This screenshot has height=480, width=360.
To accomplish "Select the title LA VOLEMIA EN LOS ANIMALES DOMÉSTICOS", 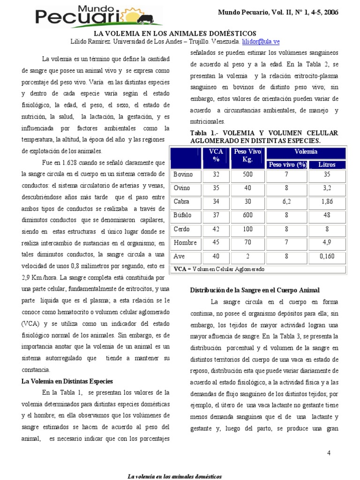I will [x=175, y=34].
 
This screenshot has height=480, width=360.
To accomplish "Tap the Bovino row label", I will [x=183, y=174].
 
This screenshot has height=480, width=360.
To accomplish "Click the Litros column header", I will [x=327, y=165].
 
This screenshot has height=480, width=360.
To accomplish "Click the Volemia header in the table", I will [x=306, y=152].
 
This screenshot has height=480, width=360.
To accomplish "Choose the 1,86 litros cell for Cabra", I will [x=327, y=202].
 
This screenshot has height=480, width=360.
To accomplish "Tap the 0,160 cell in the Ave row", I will [x=327, y=257].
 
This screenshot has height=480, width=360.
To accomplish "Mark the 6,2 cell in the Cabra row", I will [x=287, y=202].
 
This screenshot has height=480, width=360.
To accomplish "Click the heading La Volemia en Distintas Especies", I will [x=67, y=381].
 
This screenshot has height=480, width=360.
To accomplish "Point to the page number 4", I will [x=328, y=453].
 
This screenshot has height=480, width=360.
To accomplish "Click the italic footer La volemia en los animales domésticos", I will [x=175, y=476].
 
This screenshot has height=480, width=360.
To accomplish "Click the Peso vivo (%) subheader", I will [x=287, y=165].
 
